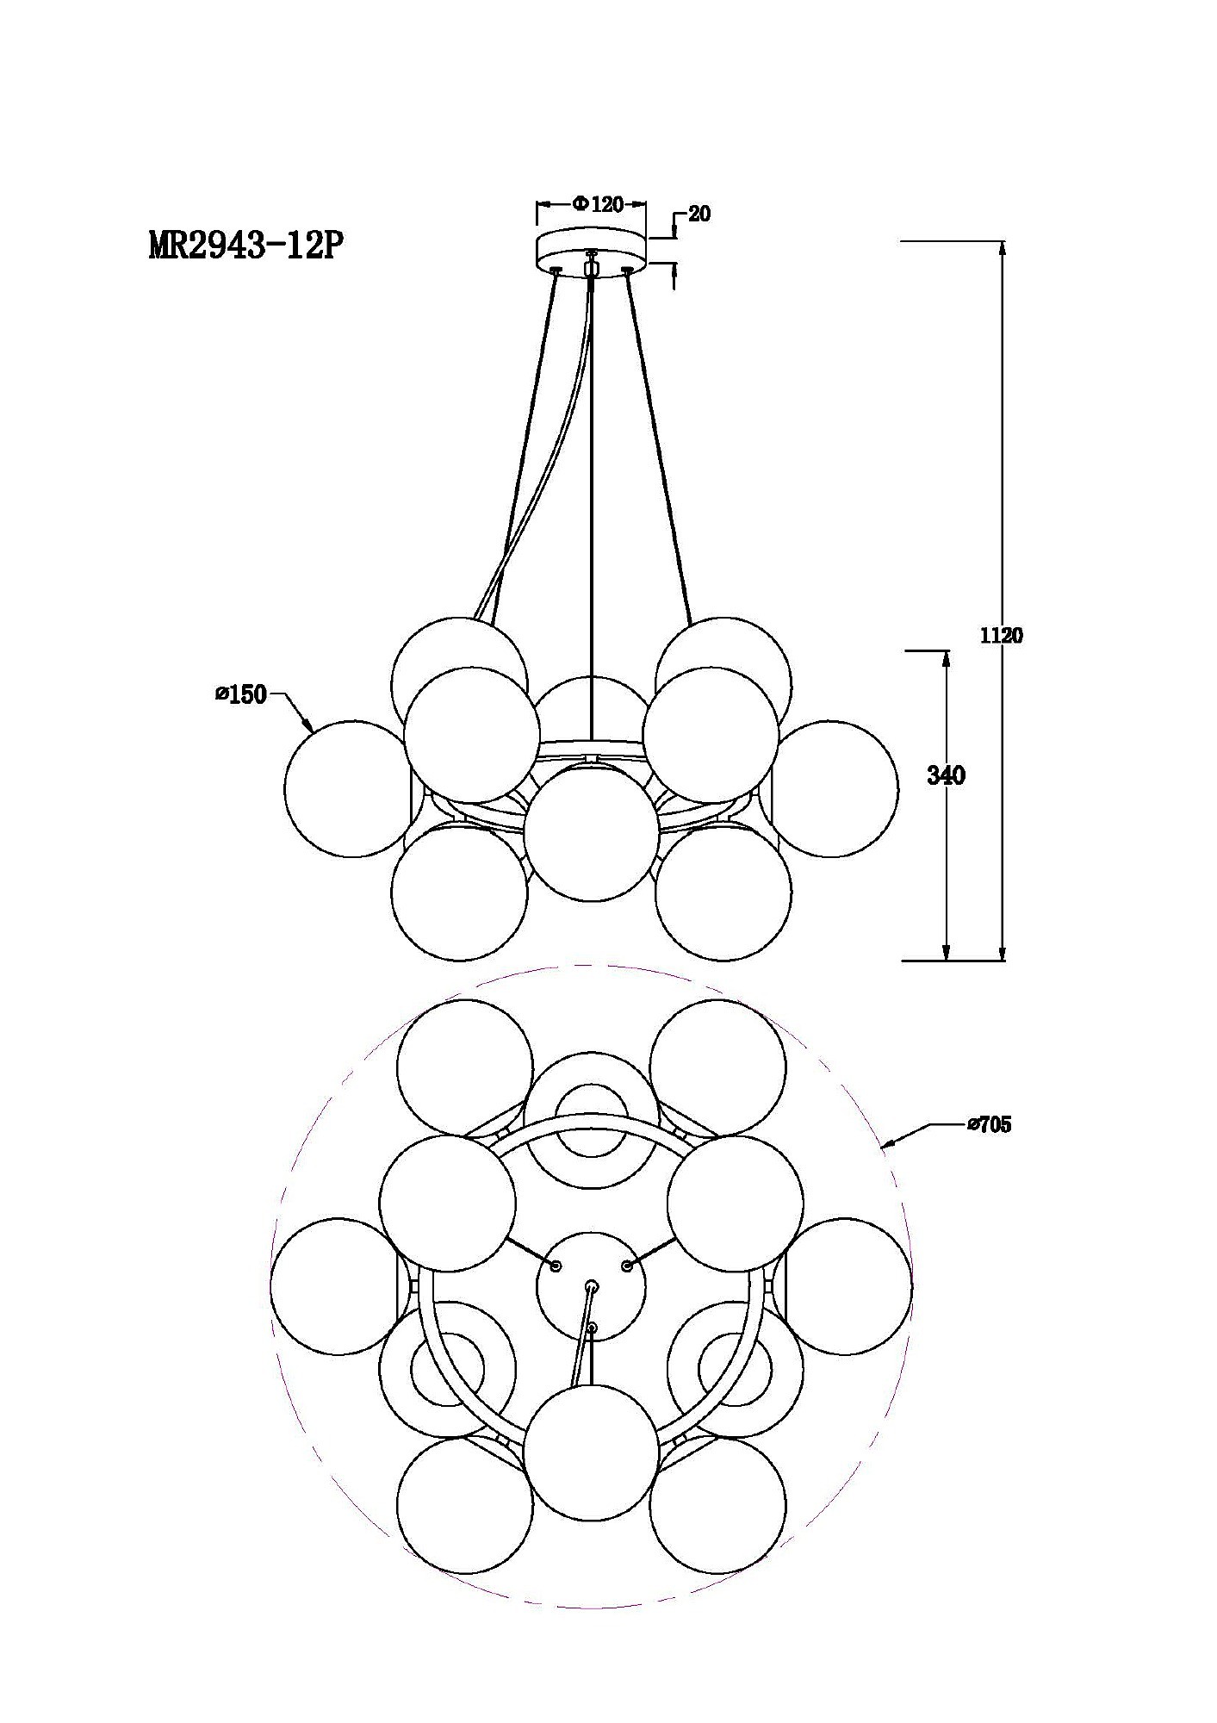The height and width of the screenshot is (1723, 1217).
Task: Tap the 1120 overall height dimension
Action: [x=1002, y=636]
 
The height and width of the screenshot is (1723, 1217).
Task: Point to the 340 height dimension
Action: [x=946, y=775]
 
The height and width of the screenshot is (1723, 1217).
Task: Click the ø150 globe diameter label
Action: [x=241, y=694]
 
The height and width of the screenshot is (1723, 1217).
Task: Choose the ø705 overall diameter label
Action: [x=989, y=1124]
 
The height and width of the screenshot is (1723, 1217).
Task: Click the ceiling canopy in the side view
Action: [x=591, y=249]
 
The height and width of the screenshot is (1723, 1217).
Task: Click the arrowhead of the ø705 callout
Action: [x=886, y=1145]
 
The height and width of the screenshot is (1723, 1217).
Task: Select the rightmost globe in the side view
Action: [x=830, y=789]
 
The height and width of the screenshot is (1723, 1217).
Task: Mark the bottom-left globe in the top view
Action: [x=465, y=1508]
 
